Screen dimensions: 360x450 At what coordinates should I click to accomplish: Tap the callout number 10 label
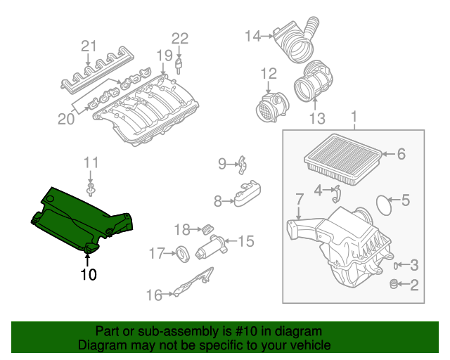click(88, 274)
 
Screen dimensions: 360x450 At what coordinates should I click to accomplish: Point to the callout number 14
click(252, 34)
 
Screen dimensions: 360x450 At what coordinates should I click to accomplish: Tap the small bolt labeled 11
click(91, 190)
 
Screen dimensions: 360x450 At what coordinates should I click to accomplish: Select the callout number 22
click(180, 38)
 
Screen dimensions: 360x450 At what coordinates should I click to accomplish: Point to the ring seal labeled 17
click(181, 252)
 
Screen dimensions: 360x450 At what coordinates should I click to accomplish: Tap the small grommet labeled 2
click(394, 284)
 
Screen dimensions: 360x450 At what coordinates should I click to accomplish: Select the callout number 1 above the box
click(354, 116)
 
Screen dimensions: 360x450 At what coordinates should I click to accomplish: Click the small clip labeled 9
click(241, 165)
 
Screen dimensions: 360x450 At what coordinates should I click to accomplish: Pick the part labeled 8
click(245, 195)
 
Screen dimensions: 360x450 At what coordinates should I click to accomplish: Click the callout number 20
click(65, 120)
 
